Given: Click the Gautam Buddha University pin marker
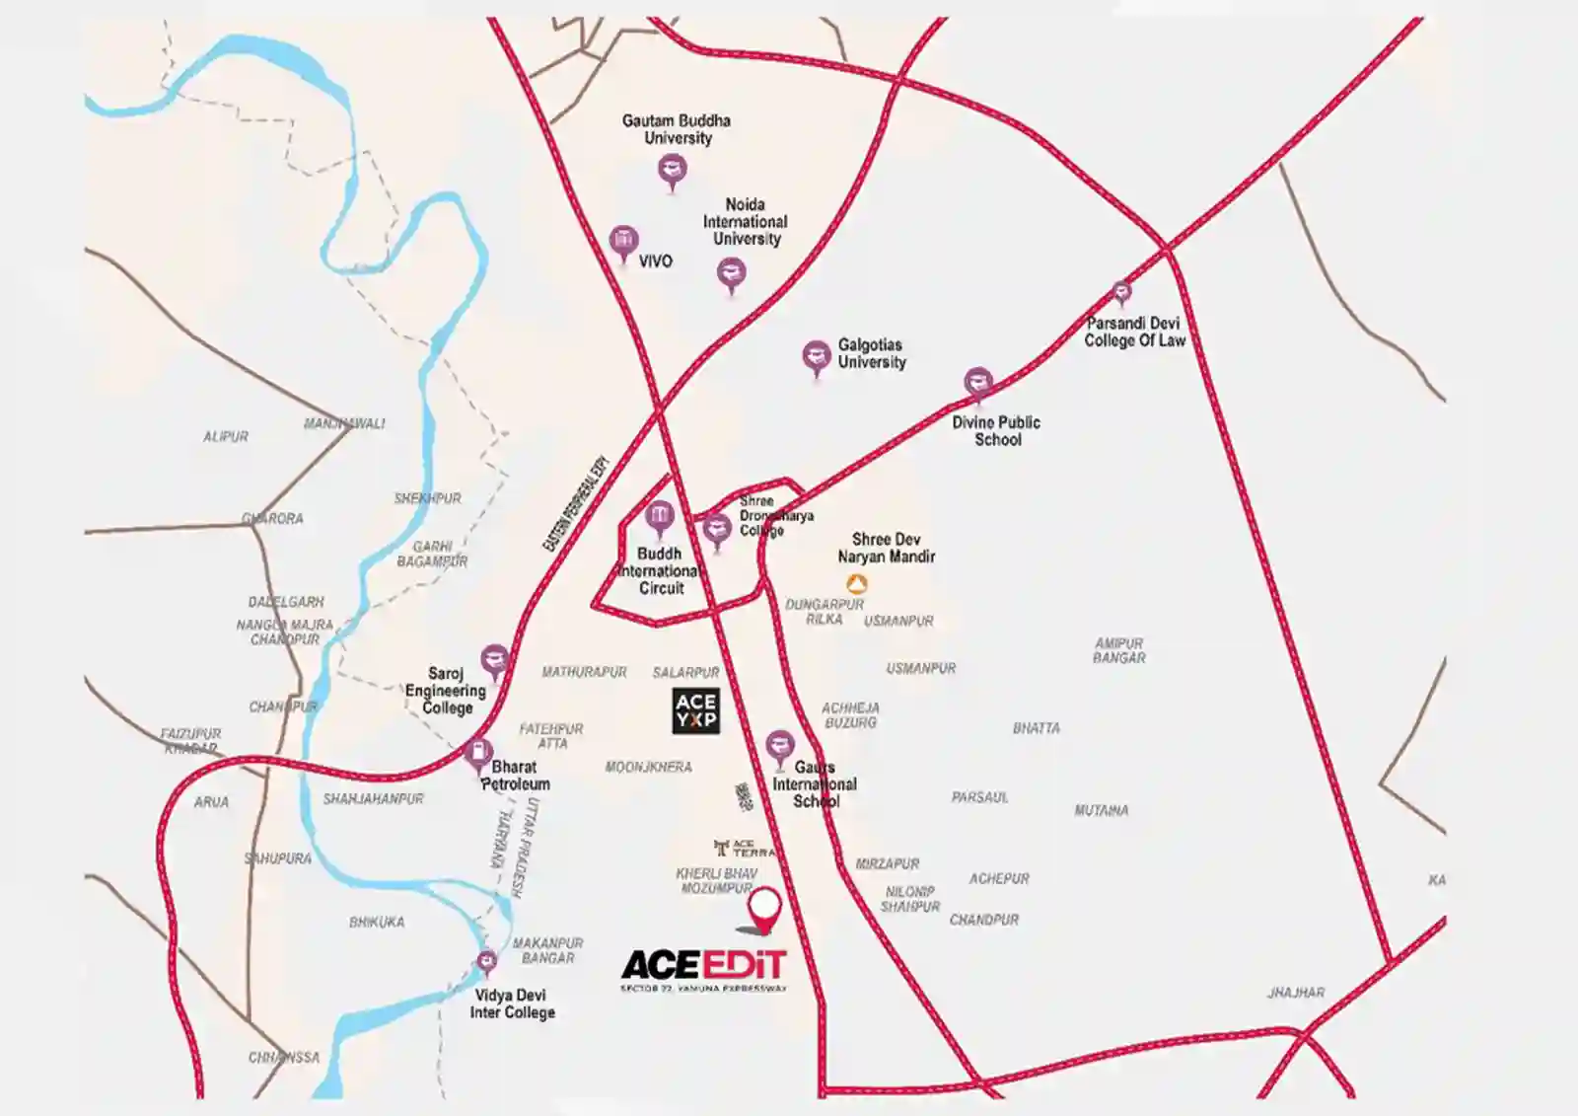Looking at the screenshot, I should point(673,171).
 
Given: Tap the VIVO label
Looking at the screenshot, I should point(655,261).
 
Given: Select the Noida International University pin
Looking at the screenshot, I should point(731,272).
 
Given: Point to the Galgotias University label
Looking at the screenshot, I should point(871,353).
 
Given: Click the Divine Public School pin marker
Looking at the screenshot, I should point(977,382).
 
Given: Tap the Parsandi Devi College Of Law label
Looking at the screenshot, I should point(1134,332).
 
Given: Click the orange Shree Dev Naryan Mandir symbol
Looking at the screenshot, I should point(857,584).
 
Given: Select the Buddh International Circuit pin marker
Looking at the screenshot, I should point(659,516).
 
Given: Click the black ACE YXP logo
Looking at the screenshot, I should point(695,710).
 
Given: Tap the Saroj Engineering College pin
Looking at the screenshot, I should point(494,659).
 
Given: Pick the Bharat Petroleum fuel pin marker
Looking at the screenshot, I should point(478,754).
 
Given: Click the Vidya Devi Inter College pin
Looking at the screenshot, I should point(486,960).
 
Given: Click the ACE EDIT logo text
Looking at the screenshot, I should point(704,964).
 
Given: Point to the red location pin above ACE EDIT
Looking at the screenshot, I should point(764,908).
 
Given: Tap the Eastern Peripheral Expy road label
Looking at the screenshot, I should point(577,503).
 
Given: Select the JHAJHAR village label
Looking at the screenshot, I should point(1296,993).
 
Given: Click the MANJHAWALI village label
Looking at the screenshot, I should point(344,424).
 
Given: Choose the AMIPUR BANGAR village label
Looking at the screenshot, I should point(1118,650).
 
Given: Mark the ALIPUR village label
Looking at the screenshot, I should point(226,437).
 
